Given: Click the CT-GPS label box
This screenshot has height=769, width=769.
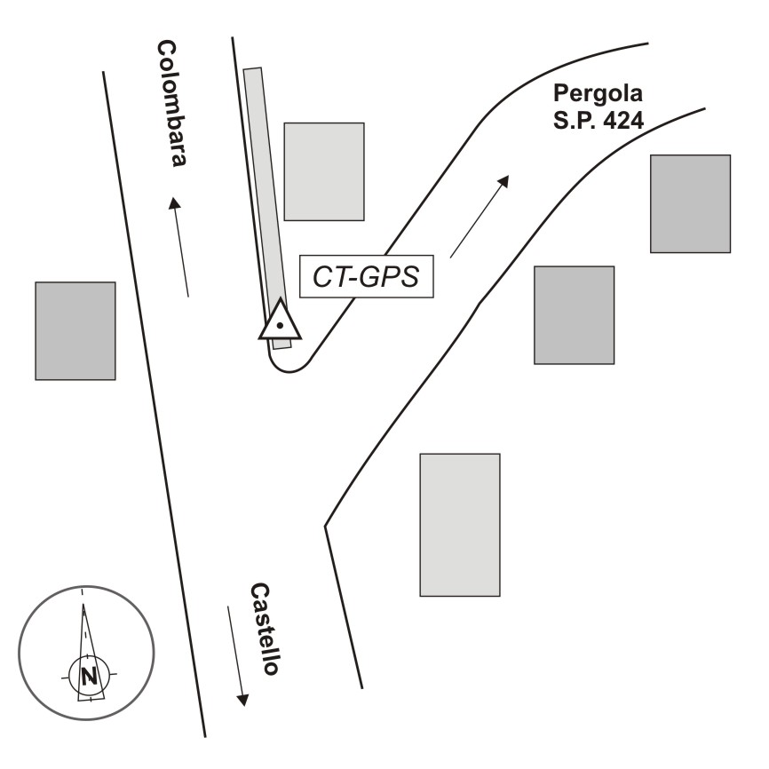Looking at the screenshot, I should pyautogui.click(x=366, y=277).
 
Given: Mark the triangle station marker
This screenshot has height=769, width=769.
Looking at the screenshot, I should pyautogui.click(x=280, y=321).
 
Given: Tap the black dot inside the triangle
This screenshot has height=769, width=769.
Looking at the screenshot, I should pyautogui.click(x=280, y=326).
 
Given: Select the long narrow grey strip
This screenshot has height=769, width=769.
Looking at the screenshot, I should pyautogui.click(x=263, y=195).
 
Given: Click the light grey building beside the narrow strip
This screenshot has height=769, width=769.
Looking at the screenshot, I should pyautogui.click(x=323, y=171).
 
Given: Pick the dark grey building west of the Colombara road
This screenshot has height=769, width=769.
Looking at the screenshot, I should pyautogui.click(x=75, y=330).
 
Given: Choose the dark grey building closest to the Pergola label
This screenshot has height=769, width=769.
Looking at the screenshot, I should pyautogui.click(x=690, y=203).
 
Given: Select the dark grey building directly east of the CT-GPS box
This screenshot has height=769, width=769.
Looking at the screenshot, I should pyautogui.click(x=574, y=314).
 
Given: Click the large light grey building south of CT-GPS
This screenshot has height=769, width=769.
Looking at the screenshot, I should pyautogui.click(x=459, y=524).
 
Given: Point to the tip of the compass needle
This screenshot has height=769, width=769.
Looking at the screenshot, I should pyautogui.click(x=83, y=606).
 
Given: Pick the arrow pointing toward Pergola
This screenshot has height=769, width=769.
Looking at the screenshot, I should pyautogui.click(x=480, y=216).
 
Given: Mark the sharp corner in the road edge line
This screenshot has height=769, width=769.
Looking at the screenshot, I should pyautogui.click(x=326, y=527).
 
